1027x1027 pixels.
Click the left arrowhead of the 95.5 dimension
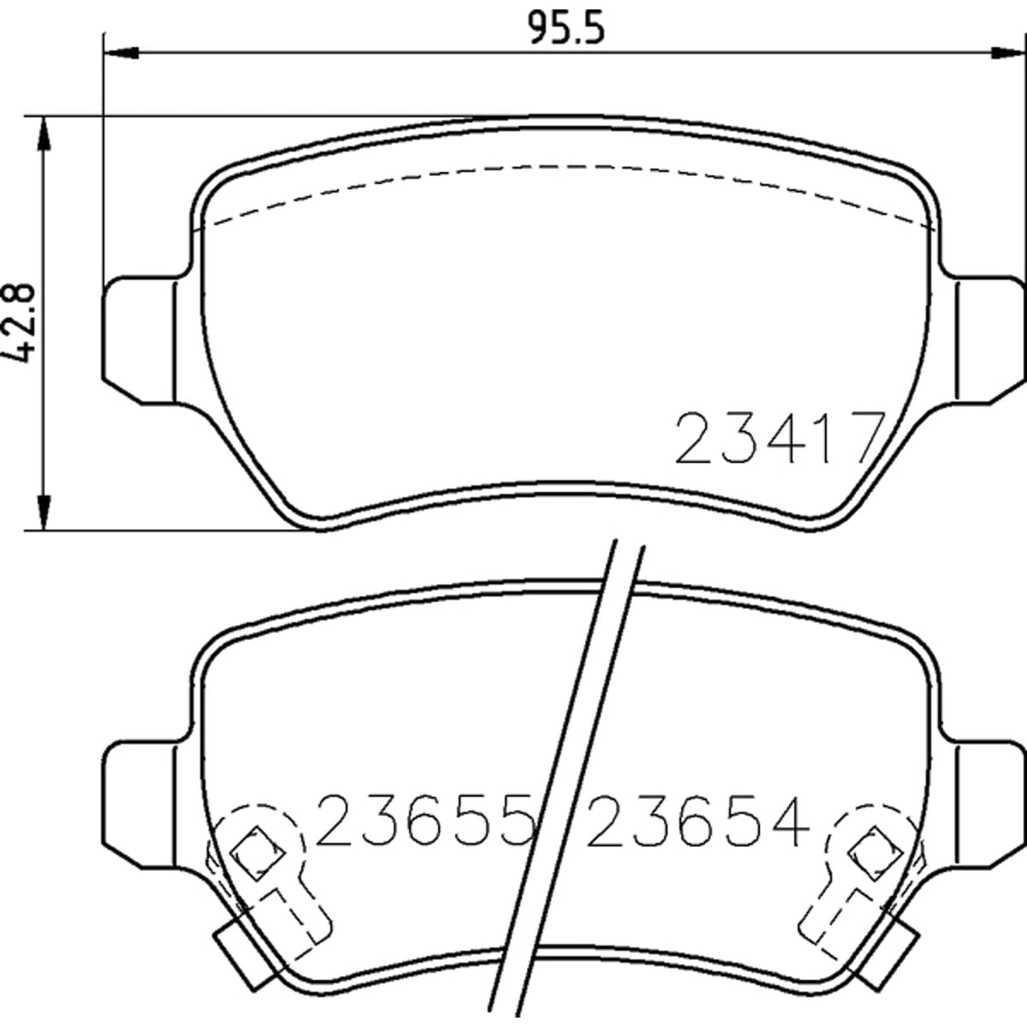pos(122,53)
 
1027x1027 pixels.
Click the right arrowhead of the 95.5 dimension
pos(1006,53)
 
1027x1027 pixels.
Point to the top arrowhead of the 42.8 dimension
pos(45,134)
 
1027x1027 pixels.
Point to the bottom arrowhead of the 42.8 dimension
pos(45,512)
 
